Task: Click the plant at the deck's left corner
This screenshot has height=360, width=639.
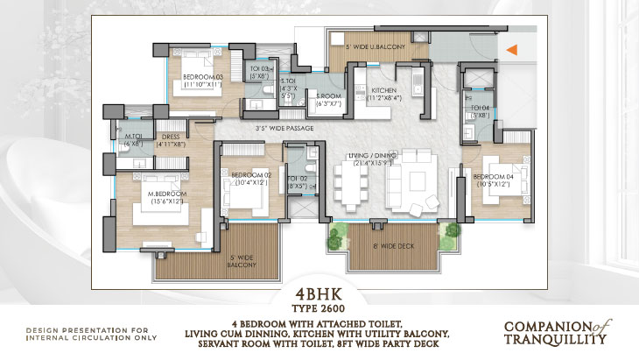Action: point(334,235)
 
